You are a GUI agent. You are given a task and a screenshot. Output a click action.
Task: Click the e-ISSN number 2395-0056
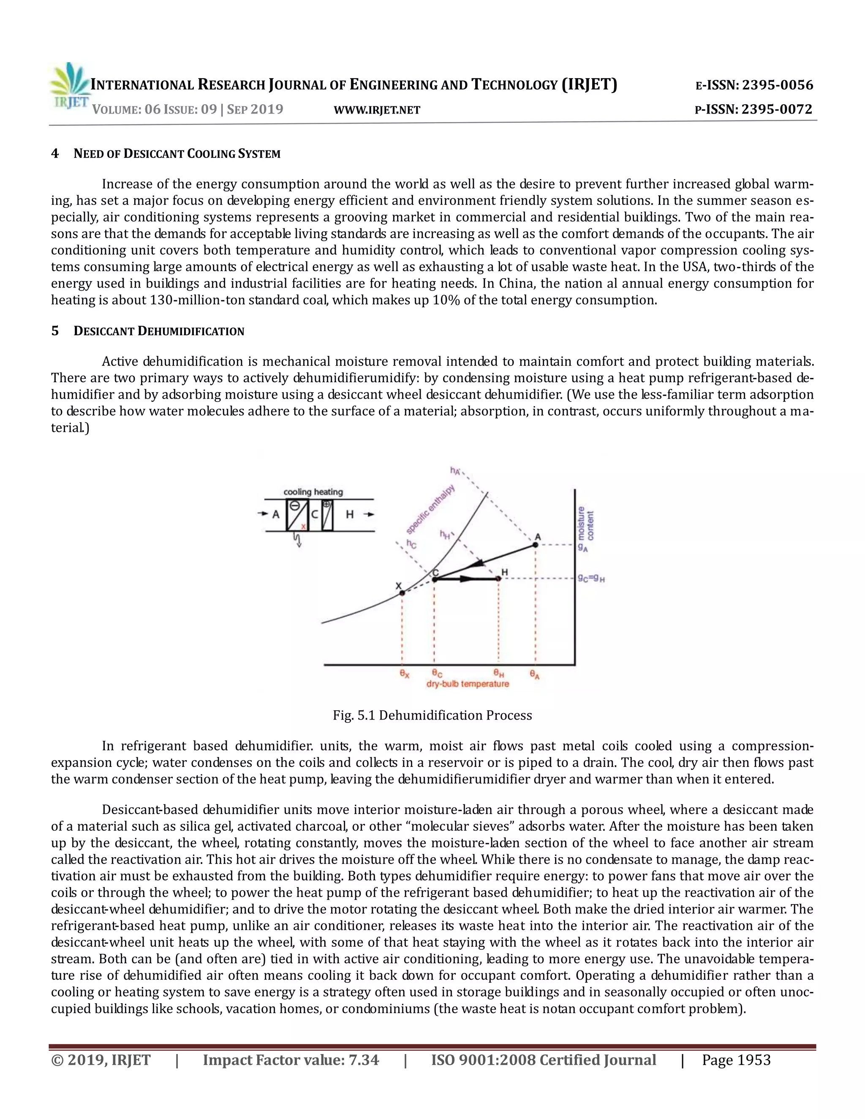point(778,85)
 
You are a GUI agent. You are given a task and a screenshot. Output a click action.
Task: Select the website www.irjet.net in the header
point(377,110)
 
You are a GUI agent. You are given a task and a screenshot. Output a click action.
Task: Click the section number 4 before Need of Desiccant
point(55,154)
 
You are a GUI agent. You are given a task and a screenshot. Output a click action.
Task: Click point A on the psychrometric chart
point(536,545)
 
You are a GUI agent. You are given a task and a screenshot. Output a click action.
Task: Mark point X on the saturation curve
point(402,593)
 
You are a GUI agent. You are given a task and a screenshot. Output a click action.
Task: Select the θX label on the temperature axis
point(404,674)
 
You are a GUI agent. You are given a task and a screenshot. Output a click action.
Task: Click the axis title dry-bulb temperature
point(468,684)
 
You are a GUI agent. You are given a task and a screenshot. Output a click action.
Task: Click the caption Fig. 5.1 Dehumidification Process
point(432,715)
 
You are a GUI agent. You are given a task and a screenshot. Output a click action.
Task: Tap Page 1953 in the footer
point(736,1060)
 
